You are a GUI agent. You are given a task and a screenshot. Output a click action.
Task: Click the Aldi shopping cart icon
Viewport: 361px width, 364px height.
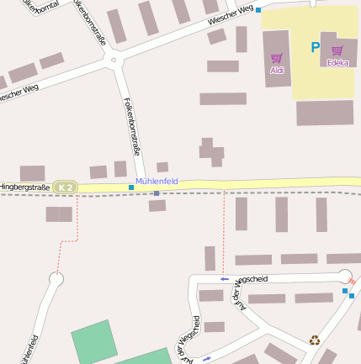click(x=276, y=58)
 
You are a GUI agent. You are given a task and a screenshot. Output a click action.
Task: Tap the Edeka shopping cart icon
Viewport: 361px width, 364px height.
click(x=337, y=50)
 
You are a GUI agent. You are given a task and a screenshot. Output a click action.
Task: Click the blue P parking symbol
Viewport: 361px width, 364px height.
click(x=316, y=48)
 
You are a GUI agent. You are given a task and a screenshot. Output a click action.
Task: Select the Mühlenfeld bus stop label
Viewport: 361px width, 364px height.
click(x=157, y=182)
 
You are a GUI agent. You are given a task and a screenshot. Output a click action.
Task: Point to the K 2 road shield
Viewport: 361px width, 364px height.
click(x=65, y=187)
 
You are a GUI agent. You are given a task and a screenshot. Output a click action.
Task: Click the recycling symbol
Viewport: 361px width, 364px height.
click(x=315, y=340)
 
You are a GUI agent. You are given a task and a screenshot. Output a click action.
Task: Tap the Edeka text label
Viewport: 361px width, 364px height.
click(x=337, y=63)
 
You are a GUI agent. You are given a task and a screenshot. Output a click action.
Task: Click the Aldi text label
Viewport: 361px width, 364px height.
click(x=277, y=71)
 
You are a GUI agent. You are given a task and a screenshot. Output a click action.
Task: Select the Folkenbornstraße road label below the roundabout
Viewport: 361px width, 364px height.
click(x=132, y=126)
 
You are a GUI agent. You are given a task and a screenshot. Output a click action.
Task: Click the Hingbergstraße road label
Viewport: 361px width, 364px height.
click(x=24, y=186)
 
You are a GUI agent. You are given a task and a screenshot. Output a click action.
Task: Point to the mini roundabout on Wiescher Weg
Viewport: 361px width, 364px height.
click(x=114, y=60)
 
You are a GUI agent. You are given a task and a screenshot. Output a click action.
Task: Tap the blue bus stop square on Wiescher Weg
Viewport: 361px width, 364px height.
click(x=258, y=10)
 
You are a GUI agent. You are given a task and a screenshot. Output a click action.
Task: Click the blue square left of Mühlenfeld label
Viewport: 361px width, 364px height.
click(x=131, y=187)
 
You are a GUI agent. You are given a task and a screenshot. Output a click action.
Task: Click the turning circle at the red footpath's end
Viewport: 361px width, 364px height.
click(x=56, y=278)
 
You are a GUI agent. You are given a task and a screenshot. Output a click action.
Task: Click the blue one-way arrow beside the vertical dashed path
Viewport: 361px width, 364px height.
click(x=224, y=278)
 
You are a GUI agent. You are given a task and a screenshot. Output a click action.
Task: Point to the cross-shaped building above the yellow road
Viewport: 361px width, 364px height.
click(x=211, y=152)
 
